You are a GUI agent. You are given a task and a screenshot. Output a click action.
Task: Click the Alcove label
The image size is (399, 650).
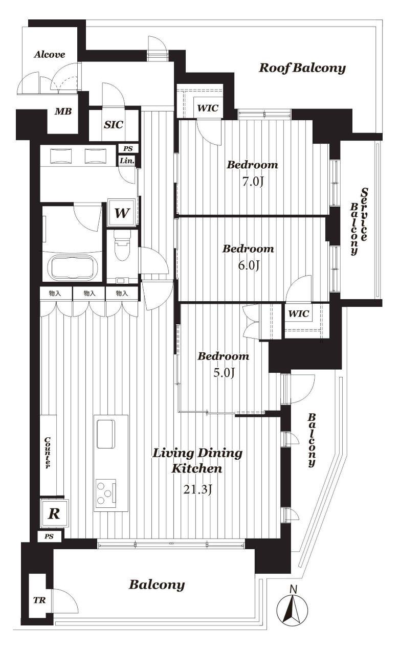tap(50, 55)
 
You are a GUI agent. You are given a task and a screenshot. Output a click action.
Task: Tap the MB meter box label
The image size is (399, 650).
tap(63, 111)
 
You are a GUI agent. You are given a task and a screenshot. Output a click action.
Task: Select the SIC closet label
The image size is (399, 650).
tap(114, 125)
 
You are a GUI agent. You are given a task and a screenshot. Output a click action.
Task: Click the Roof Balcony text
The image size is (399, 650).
tap(302, 68)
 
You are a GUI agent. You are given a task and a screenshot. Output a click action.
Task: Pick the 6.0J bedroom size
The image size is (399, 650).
tap(249, 265)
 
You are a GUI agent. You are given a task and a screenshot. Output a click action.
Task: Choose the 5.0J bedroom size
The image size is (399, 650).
tap(224, 373)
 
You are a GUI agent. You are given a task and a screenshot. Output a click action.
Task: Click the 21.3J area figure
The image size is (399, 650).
tap(197, 489)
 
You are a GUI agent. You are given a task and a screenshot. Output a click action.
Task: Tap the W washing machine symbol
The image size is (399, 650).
tap(122, 213)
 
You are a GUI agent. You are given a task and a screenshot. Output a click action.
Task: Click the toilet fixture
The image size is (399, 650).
tap(122, 245)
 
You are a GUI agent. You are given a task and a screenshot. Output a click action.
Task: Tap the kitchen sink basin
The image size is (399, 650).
tap(105, 434)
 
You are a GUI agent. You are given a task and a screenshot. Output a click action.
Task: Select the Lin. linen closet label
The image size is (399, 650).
tap(127, 161)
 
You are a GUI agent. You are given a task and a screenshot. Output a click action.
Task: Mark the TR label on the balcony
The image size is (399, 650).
tap(39, 600)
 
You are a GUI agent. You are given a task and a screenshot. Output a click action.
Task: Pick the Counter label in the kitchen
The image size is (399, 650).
tap(48, 453)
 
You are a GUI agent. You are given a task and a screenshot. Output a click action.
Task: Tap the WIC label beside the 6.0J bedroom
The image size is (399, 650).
tap(299, 313)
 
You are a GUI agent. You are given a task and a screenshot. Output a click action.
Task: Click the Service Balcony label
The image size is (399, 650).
tap(359, 221)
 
